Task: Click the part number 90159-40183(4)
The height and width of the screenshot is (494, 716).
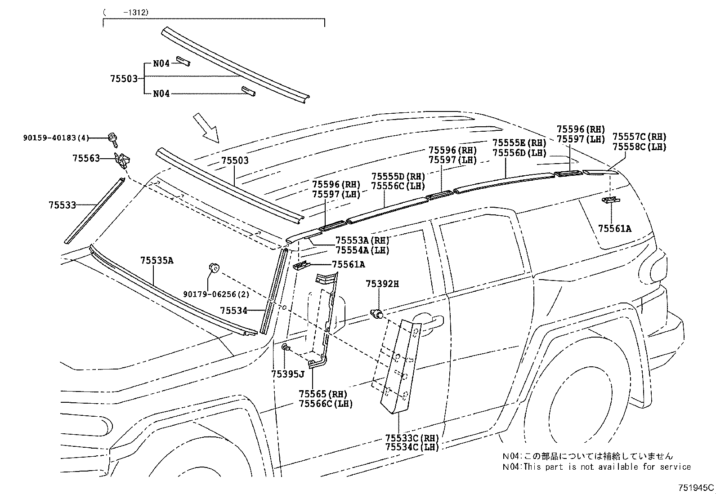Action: [56, 138]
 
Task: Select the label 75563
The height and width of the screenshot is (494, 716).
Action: [86, 158]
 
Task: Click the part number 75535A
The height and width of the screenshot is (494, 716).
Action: [157, 260]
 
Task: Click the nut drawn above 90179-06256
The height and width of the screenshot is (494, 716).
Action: [214, 268]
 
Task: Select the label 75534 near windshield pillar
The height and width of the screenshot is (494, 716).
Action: [233, 310]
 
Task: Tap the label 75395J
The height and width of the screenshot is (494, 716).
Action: [288, 374]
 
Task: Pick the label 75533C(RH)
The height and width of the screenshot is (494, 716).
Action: [412, 437]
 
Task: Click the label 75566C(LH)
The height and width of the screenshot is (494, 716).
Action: [326, 404]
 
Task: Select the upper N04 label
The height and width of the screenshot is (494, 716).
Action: [161, 63]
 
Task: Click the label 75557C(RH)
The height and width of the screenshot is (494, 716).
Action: [639, 137]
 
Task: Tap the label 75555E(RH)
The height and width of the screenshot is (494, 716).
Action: [519, 143]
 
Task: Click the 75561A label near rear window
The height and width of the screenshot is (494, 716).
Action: [614, 229]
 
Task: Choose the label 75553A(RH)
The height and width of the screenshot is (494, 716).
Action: [362, 240]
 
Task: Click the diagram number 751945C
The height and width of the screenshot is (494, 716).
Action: [696, 487]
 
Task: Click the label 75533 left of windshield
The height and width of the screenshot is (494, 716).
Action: [62, 205]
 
